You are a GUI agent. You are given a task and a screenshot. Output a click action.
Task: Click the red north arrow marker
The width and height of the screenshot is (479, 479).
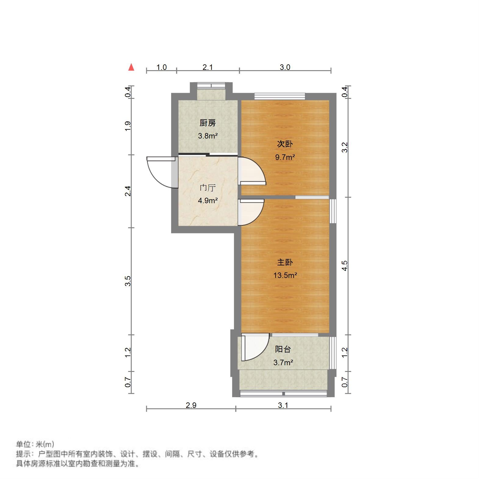click(131, 67)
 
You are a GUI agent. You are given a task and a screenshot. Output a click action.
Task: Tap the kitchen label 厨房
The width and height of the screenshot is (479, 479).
click(207, 123)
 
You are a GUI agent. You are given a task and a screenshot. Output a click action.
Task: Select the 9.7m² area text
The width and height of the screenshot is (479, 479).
click(285, 157)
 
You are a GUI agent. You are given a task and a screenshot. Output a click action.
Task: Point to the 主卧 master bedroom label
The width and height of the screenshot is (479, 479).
click(285, 262)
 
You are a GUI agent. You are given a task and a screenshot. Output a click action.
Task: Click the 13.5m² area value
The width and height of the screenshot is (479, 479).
click(285, 276)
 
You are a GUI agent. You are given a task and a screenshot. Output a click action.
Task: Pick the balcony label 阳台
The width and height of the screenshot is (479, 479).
click(283, 349)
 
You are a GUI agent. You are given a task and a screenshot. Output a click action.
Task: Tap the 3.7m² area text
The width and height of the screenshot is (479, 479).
click(283, 362)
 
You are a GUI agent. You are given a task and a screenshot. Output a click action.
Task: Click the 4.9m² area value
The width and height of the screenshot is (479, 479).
click(207, 201)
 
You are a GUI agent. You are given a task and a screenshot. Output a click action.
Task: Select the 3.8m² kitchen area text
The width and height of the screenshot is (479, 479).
click(207, 136)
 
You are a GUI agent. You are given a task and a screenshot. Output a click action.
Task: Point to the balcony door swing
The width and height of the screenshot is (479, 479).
click(256, 348)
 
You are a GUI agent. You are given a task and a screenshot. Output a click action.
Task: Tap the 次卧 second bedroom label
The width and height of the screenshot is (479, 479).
click(285, 144)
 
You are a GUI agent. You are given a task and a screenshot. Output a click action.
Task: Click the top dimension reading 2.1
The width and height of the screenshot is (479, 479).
click(208, 67)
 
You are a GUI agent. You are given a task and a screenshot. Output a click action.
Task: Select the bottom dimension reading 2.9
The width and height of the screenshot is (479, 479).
click(191, 405)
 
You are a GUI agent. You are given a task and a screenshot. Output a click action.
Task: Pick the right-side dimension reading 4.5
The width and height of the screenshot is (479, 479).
click(344, 265)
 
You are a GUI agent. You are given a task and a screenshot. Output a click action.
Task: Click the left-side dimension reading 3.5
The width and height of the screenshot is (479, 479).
click(128, 281)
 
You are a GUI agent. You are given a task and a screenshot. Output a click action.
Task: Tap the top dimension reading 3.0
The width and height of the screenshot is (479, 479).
click(285, 67)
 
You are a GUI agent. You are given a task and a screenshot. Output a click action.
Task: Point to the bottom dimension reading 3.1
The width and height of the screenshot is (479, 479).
click(283, 405)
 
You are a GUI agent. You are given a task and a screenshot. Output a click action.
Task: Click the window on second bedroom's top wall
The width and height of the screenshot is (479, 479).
click(280, 96)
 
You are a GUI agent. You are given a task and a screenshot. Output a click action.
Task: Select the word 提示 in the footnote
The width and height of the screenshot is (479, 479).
click(23, 454)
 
